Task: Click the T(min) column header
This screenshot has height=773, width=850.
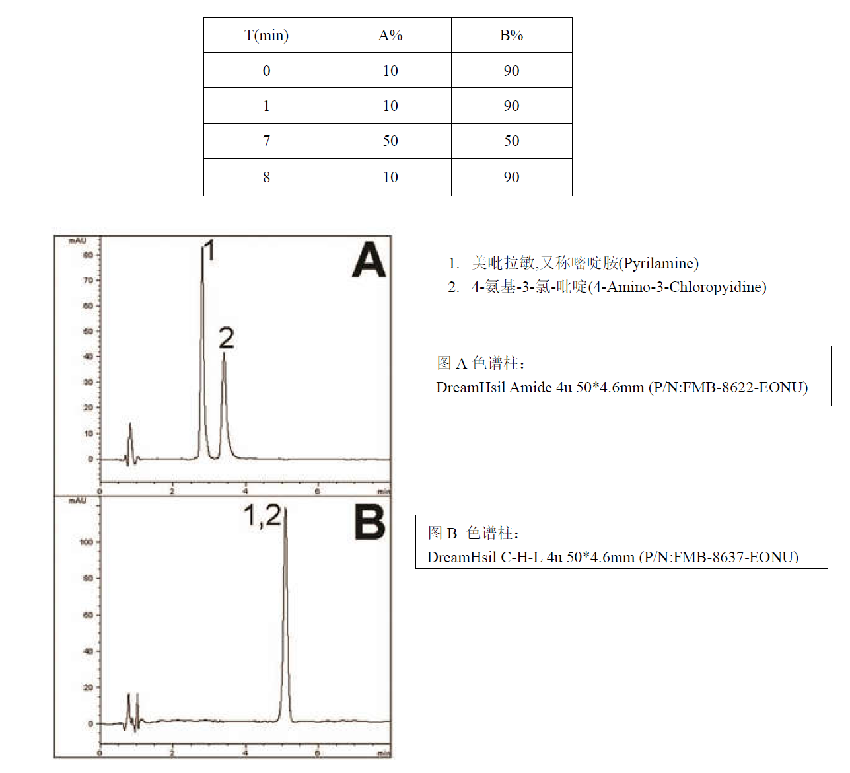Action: coord(266,36)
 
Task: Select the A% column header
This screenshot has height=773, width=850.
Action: coord(390,36)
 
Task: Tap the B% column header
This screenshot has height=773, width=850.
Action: coord(511,36)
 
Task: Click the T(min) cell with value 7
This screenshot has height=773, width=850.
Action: coord(266,141)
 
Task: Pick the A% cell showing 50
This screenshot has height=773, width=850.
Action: coord(390,141)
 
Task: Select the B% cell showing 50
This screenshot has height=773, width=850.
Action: coord(511,141)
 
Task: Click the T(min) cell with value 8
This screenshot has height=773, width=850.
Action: coord(266,177)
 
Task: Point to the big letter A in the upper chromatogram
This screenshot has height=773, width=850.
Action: coord(369,260)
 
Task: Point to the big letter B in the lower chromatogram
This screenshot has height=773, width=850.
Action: coord(369,523)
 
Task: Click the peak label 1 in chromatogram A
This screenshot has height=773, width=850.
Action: coord(209,251)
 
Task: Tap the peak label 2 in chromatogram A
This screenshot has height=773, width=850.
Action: coord(226,338)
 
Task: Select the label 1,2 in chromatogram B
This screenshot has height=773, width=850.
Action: coord(262,516)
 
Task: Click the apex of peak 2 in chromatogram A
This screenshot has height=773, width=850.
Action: coord(224,354)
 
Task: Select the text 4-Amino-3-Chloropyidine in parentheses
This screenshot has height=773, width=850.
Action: coord(677,287)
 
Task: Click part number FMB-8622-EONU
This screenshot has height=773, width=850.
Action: coord(742,388)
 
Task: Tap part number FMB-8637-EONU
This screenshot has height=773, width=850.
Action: coord(732,558)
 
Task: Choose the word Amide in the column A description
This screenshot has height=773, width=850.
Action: coord(530,388)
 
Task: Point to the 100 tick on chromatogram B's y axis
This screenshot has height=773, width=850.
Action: coord(87,542)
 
